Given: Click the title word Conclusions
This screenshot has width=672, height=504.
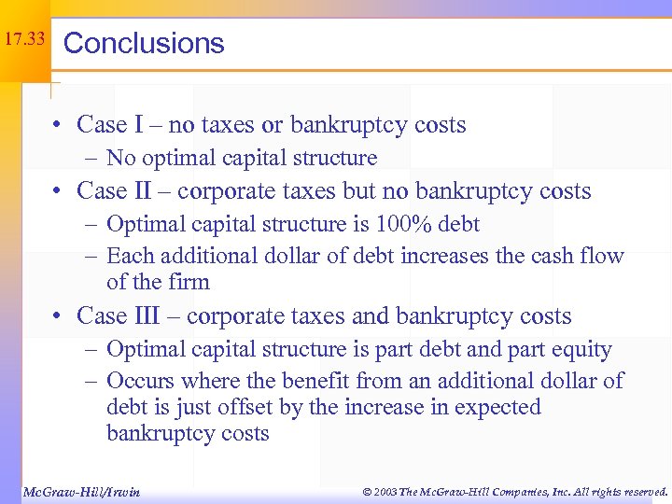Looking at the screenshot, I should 144,43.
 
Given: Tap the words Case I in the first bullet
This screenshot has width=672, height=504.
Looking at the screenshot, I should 109,125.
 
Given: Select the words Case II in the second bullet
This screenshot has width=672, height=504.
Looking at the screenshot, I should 115,191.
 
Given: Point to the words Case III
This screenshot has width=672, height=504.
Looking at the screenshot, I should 120,316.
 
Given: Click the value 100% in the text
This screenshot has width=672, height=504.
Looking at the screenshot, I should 405,224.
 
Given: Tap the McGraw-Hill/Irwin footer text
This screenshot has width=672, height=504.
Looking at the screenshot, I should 80,491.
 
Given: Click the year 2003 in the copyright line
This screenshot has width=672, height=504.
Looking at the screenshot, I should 382,491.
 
